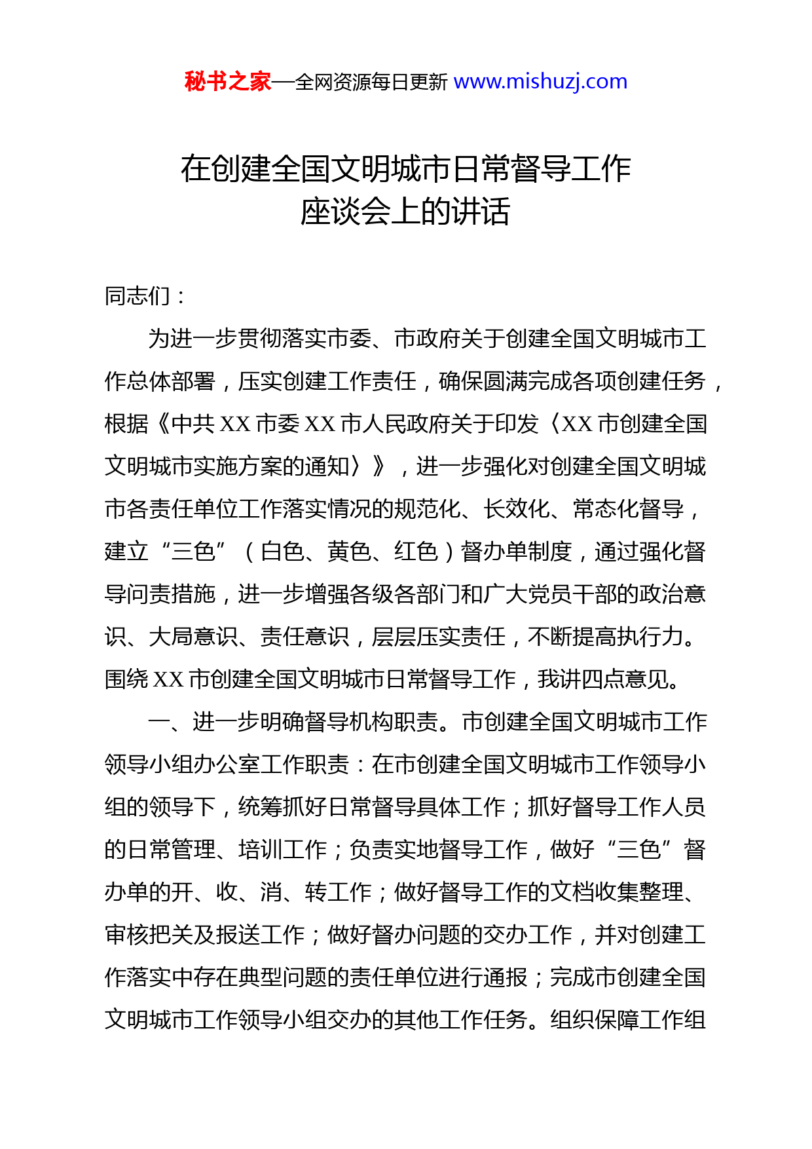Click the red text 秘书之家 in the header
227,82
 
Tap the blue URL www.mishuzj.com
540,82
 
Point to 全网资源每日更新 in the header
371,83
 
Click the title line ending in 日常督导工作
405,169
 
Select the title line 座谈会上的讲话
405,212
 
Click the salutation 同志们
138,296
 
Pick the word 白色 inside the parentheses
283,552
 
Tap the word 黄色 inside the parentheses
350,552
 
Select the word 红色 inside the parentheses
416,552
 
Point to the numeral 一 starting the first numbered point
159,722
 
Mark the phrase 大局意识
193,637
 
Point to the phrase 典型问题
283,977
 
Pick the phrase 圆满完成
528,381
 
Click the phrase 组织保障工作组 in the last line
628,1020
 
